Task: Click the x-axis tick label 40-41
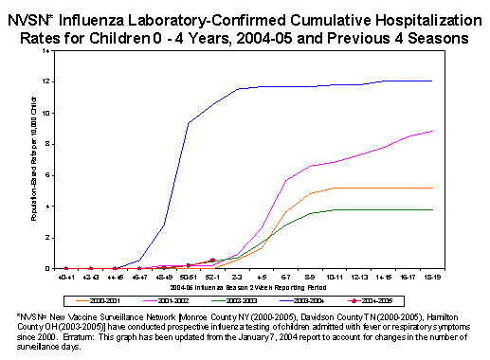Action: coord(65,277)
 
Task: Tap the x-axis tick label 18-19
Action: coord(433,277)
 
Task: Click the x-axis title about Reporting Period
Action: coord(249,285)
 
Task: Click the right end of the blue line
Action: coord(433,81)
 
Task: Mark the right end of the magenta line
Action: coord(433,131)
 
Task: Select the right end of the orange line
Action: coord(433,188)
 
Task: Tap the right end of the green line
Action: coord(433,209)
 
